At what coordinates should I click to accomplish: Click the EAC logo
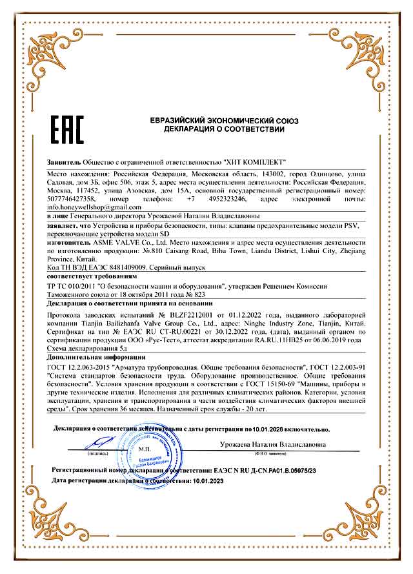coord(66,128)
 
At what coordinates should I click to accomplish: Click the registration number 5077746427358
coord(72,198)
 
